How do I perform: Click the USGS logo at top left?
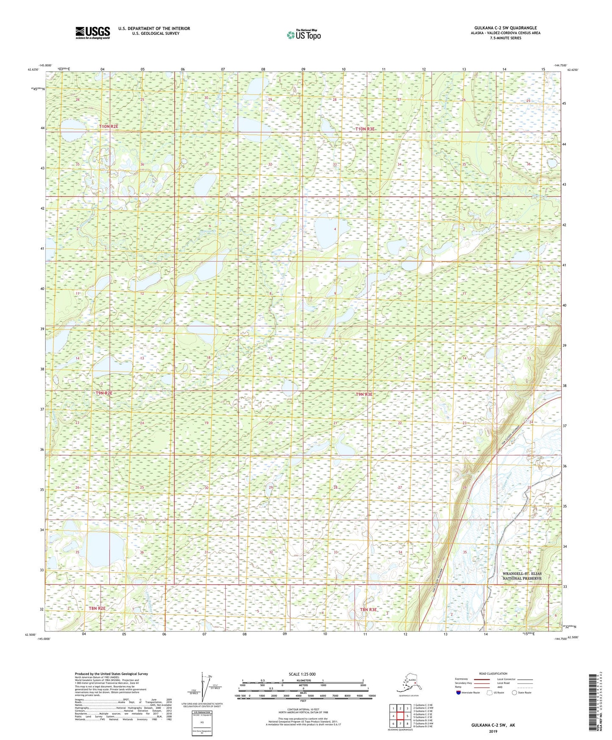click(92, 33)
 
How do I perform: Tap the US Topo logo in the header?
click(303, 35)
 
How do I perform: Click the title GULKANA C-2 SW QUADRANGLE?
click(505, 28)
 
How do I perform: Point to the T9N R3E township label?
click(364, 394)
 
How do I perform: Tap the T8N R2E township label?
click(97, 608)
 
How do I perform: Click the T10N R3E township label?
click(365, 129)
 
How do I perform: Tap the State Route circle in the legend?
click(515, 693)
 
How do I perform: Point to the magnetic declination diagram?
click(208, 687)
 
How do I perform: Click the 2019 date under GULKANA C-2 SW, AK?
click(493, 732)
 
